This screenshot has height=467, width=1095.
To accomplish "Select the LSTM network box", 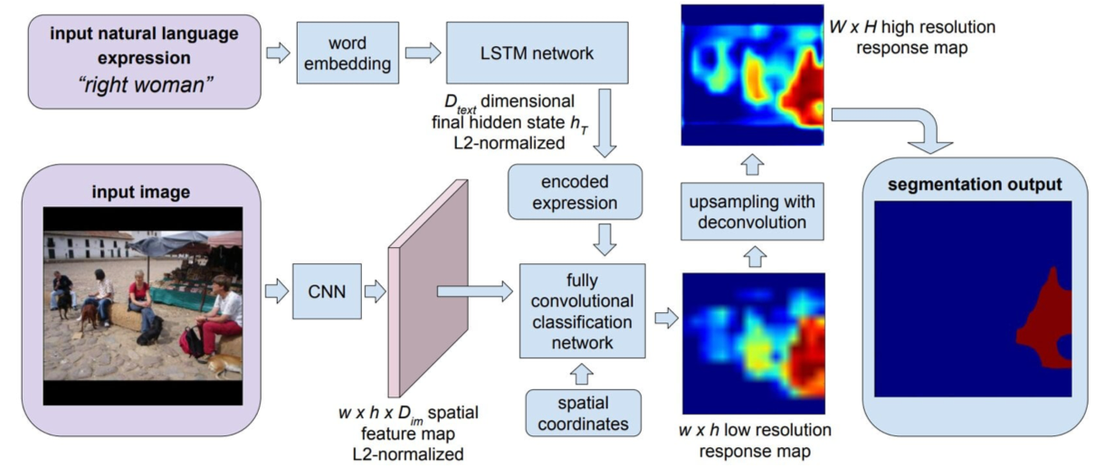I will click(x=538, y=53).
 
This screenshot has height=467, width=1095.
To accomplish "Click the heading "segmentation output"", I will click(x=974, y=185).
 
